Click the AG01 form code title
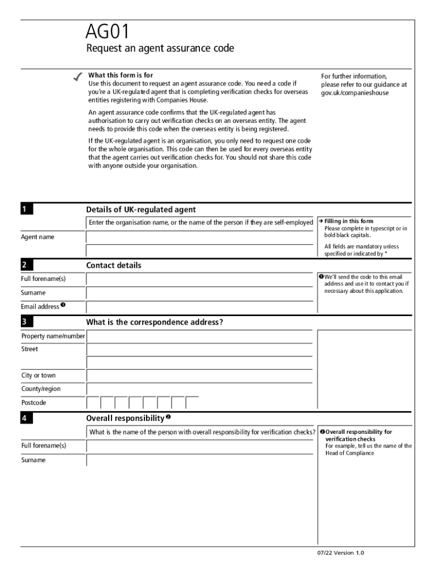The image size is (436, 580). coord(108,32)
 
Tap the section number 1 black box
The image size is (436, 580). coord(27,210)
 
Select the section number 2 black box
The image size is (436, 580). coord(27,265)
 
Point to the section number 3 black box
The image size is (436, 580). coord(27,322)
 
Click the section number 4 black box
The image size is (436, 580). coord(27,419)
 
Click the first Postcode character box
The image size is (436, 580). coord(93,403)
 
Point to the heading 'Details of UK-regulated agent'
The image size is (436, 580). coord(141,210)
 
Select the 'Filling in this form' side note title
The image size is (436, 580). coord(349,221)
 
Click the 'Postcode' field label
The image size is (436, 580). coord(34,403)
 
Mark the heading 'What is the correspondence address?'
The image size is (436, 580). coord(155,322)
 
